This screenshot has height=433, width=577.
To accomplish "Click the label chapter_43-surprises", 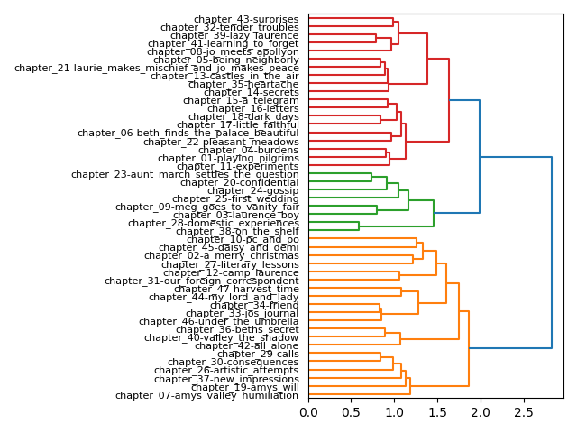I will click(x=246, y=19).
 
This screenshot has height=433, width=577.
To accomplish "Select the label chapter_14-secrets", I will click(x=252, y=92).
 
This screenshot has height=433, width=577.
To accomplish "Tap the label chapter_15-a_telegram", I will click(x=241, y=100).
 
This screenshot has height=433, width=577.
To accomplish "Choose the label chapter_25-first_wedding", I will click(x=235, y=198).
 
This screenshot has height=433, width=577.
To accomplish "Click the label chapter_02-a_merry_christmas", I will click(x=235, y=256).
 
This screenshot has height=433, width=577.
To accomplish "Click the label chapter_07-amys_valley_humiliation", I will click(x=207, y=395).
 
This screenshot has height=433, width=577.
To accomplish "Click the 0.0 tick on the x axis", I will click(x=308, y=412).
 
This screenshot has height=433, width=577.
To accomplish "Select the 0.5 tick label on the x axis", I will click(x=352, y=412).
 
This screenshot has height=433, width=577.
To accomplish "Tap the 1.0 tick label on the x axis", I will click(x=394, y=412).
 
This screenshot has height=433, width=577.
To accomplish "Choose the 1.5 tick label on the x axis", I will click(x=437, y=412).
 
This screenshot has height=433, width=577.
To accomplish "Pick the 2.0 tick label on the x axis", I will click(x=480, y=412).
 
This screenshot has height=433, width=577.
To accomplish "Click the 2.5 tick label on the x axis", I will click(x=523, y=412).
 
